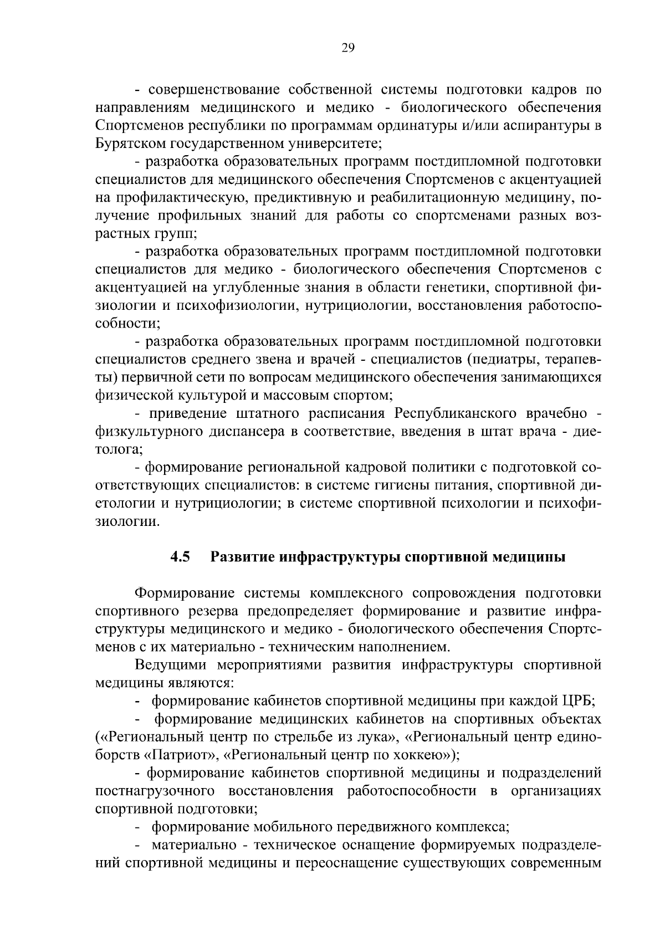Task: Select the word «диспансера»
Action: (x=246, y=432)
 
